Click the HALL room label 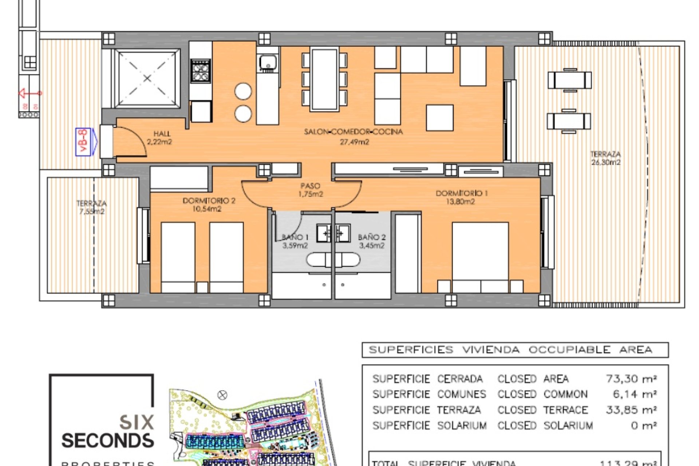click(x=162, y=134)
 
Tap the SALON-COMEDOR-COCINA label click(x=354, y=132)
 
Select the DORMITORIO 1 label click(x=461, y=193)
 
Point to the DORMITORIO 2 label click(x=209, y=201)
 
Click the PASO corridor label click(x=310, y=186)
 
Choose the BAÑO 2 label click(x=372, y=237)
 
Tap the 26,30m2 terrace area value click(x=606, y=162)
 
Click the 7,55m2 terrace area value click(x=92, y=211)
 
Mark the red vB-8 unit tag click(x=83, y=142)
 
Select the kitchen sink click(x=268, y=63)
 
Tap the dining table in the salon click(x=324, y=79)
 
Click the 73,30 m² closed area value click(x=631, y=379)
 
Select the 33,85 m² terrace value click(x=631, y=410)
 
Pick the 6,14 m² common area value click(x=635, y=394)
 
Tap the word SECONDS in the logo click(x=108, y=441)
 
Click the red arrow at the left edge click(x=25, y=94)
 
